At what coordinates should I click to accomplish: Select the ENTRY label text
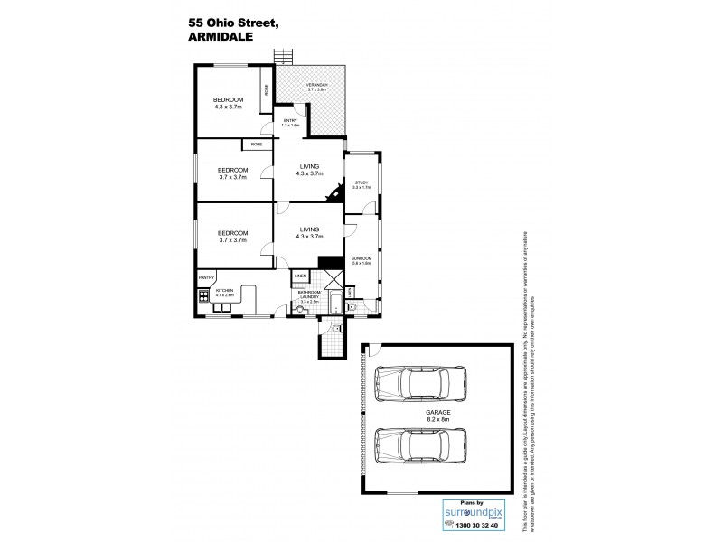point(290,122)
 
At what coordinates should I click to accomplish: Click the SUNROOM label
point(361,260)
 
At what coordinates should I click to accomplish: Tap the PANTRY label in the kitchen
point(205,279)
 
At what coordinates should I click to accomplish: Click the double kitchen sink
point(221,308)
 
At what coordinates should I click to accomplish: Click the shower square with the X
point(333,278)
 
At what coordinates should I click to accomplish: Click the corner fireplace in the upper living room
point(337,192)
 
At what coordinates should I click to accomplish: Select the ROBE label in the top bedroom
point(266,89)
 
